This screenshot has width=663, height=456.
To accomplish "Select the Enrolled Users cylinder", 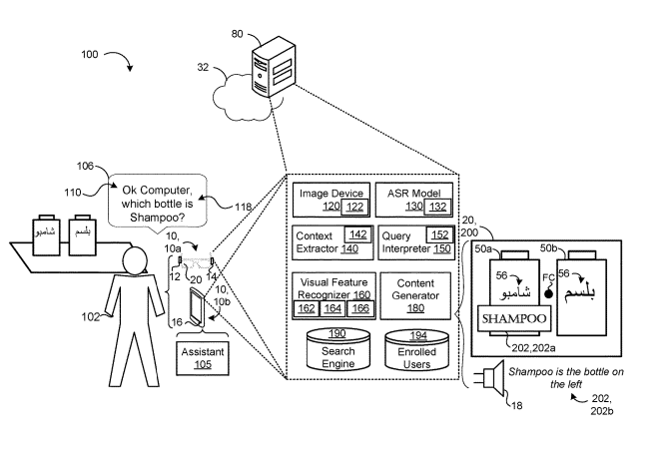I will [417, 349].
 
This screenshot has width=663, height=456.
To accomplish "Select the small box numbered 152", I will [437, 233].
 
